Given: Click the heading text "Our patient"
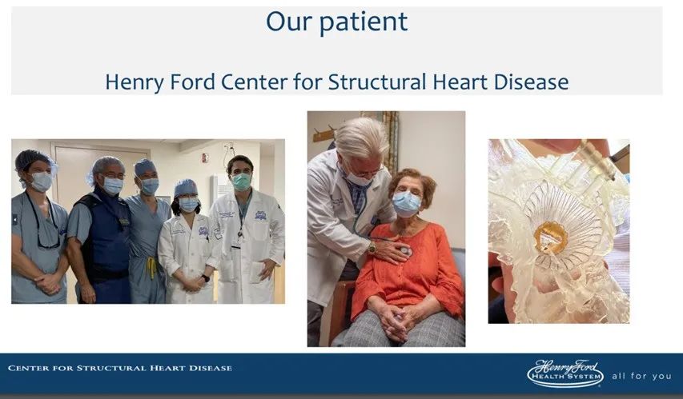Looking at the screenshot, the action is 337,22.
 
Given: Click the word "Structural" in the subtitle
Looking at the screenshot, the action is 377,82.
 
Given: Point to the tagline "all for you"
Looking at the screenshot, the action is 641,376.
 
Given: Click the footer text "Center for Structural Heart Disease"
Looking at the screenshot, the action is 120,368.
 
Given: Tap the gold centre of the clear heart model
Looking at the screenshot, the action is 551,237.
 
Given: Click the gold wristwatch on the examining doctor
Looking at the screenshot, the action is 372,248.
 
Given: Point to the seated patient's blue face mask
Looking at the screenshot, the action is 407,203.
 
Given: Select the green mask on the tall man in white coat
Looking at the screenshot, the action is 241,182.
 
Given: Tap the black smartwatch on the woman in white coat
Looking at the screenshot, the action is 205,277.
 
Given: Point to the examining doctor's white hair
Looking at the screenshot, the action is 363,137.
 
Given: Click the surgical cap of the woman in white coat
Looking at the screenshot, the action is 186,188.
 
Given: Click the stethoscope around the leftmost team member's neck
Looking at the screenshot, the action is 43,222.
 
